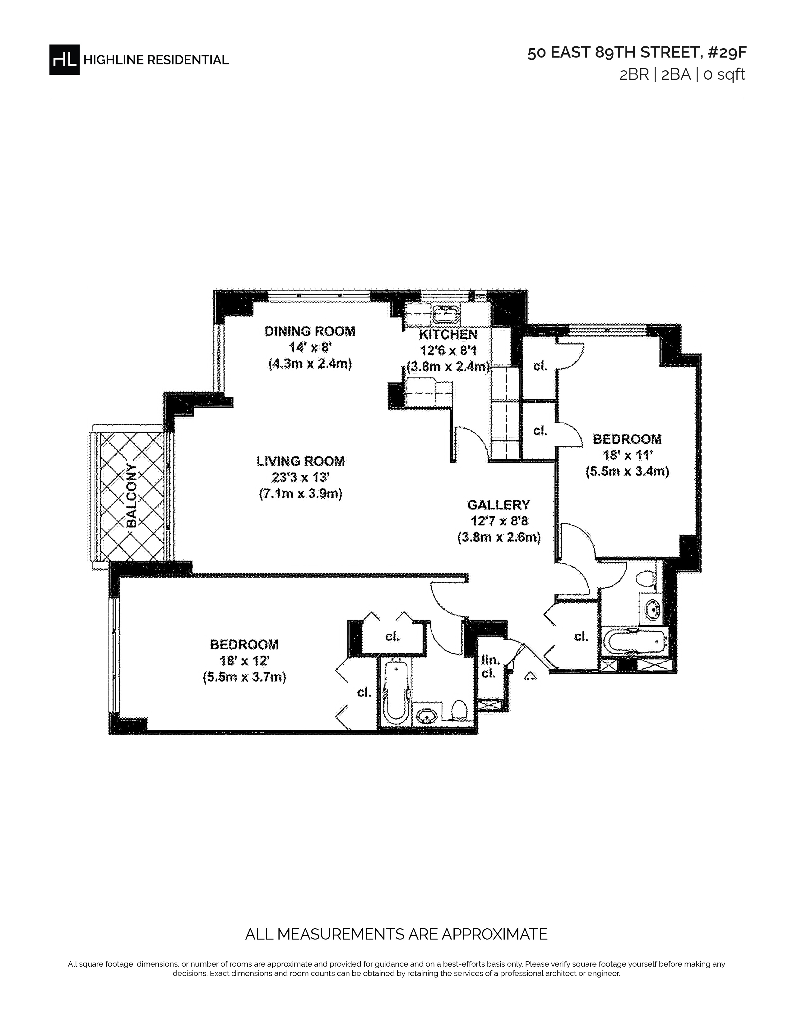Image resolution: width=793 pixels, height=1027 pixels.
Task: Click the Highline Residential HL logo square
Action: tap(64, 59)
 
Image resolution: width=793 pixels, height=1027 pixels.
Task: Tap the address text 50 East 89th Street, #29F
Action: tap(637, 53)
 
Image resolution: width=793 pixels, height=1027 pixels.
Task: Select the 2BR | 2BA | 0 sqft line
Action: tap(682, 75)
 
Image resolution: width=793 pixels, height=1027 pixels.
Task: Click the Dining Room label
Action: tap(310, 331)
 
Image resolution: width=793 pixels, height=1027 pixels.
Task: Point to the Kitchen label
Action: tap(448, 335)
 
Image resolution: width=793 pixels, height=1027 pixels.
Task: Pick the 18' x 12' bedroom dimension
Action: tap(244, 661)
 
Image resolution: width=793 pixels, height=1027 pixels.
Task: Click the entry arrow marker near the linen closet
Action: tap(531, 676)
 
